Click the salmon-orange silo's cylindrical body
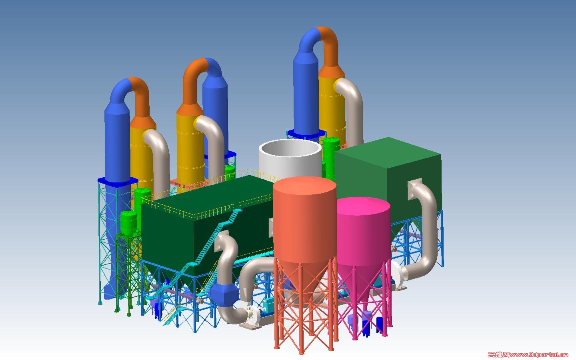click(x=305, y=221)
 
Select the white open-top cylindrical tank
click(x=290, y=160)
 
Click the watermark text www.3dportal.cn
click(x=539, y=355)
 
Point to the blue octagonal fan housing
click(x=225, y=294)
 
